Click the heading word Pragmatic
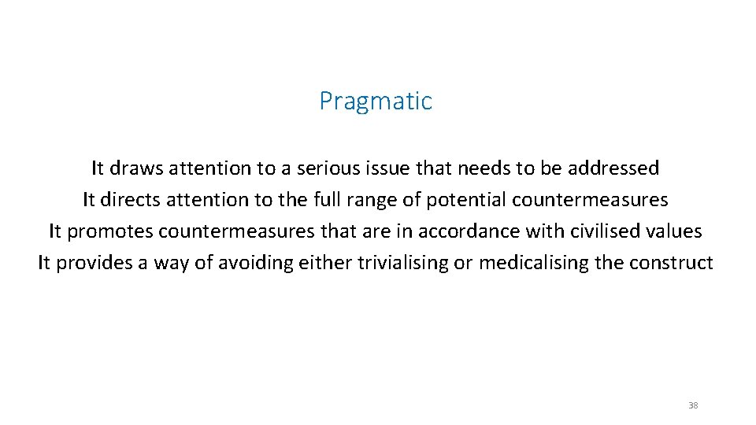(x=376, y=102)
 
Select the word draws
(x=135, y=168)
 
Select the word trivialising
(x=402, y=263)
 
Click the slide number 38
(x=693, y=405)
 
